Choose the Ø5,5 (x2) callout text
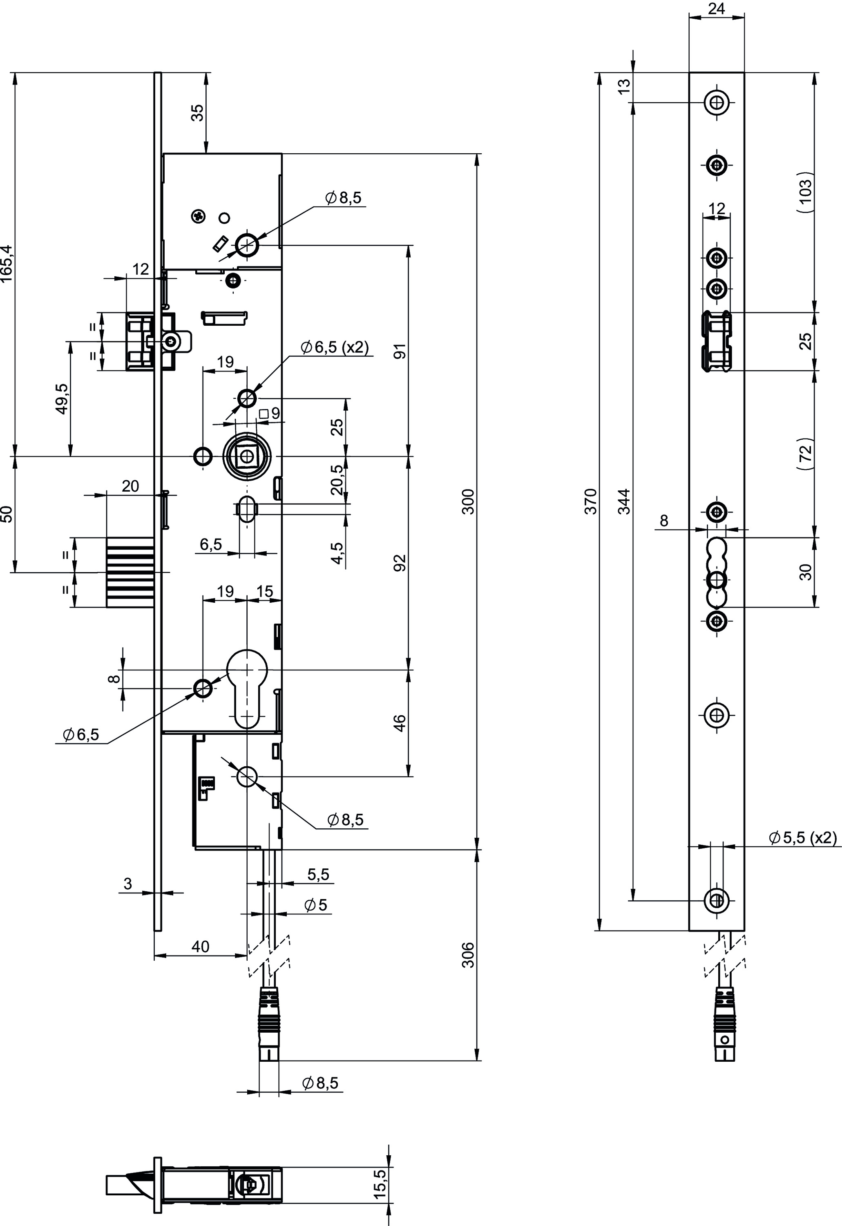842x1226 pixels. (802, 838)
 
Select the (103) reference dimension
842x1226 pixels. (806, 192)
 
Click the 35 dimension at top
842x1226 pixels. (197, 113)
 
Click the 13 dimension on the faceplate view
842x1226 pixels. (624, 87)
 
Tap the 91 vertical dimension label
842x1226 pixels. (400, 351)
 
